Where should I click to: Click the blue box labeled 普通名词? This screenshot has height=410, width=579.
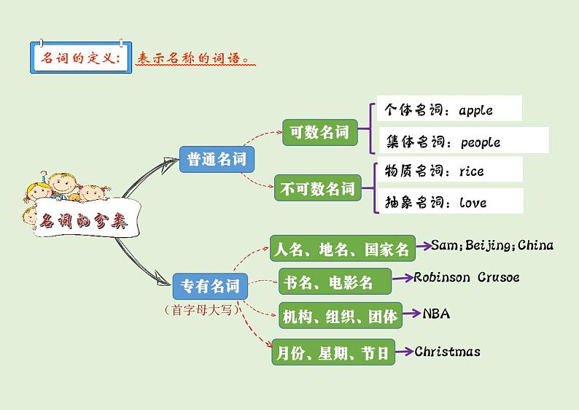[217, 159]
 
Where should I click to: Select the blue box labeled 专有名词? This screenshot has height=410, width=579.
[209, 285]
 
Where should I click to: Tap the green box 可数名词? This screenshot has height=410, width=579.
[319, 133]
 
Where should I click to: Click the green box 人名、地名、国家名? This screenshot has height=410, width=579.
[342, 250]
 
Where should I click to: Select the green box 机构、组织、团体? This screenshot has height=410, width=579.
[340, 316]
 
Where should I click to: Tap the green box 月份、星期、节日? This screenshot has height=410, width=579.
[333, 354]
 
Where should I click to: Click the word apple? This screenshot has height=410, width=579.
[475, 111]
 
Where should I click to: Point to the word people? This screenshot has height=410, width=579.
[481, 142]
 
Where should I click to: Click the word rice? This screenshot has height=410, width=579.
[471, 171]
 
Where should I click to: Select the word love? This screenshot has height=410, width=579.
[473, 203]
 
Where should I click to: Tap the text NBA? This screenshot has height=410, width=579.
[436, 314]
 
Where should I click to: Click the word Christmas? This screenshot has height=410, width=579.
[447, 352]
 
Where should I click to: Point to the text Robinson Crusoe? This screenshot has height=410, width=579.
[466, 277]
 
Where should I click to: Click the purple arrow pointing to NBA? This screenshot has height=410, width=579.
[411, 314]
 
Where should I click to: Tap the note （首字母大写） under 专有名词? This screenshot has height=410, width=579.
[201, 309]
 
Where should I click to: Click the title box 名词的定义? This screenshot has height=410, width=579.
[81, 57]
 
